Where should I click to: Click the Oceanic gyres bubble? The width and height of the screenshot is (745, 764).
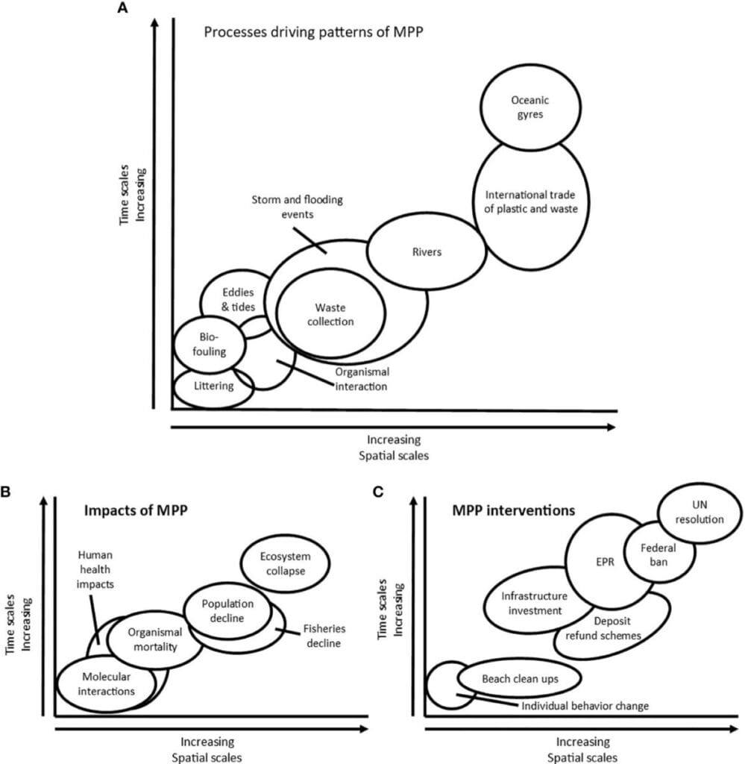(530, 107)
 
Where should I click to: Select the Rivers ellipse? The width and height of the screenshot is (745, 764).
(427, 251)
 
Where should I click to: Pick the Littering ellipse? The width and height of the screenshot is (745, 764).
(214, 386)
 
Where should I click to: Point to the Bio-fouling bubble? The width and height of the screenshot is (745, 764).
(210, 344)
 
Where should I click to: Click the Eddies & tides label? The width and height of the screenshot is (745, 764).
(238, 299)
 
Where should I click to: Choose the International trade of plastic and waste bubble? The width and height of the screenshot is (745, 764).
(531, 202)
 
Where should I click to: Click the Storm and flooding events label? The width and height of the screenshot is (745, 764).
(297, 207)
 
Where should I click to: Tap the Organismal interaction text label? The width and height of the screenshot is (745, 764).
(361, 379)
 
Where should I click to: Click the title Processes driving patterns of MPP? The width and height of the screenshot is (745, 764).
(313, 32)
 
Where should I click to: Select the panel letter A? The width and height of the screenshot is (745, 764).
(123, 7)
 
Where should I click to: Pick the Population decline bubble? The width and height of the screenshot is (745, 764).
(227, 610)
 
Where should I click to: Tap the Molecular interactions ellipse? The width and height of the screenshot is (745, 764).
(107, 683)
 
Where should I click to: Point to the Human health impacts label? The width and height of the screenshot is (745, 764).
(95, 569)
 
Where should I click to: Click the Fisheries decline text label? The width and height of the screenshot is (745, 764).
(324, 636)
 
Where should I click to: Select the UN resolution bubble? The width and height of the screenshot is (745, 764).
(700, 512)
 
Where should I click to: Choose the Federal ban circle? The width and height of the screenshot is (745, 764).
(658, 554)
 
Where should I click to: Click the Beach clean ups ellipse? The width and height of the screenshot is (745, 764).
(520, 679)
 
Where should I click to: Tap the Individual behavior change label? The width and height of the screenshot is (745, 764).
(585, 706)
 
